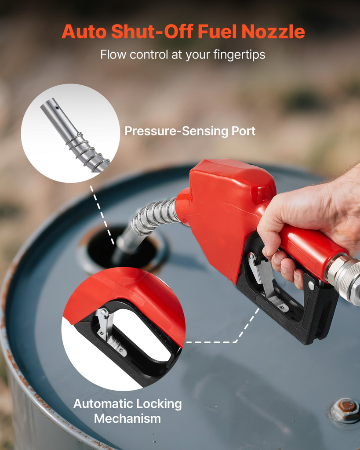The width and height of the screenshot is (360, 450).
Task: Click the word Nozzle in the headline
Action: (x=273, y=31)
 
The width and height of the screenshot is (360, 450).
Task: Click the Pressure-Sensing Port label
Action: (x=190, y=131)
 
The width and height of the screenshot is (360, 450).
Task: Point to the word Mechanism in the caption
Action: (x=127, y=418)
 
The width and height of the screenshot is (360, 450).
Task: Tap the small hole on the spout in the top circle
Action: (x=57, y=108)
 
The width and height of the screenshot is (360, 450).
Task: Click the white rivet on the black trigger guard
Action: (x=311, y=286)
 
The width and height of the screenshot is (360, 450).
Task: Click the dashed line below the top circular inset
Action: (x=102, y=214)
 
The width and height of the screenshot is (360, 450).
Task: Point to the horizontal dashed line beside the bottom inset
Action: (x=211, y=342)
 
